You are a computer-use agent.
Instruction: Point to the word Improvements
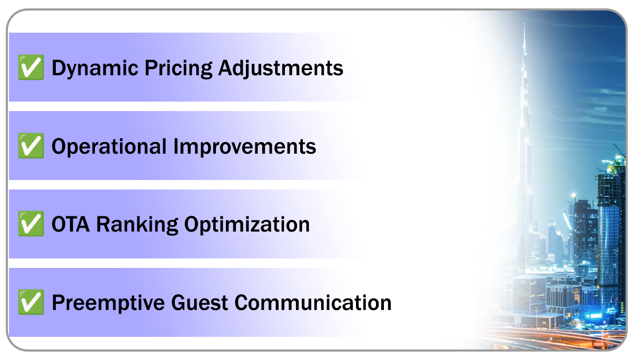[x=245, y=146]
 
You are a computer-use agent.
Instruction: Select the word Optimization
[x=246, y=225]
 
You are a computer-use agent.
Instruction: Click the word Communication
[x=313, y=303]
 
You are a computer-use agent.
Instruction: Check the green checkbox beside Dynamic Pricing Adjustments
[x=31, y=68]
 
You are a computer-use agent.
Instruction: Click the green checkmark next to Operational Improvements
[x=31, y=146]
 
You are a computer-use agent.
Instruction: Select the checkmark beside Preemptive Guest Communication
[x=31, y=303]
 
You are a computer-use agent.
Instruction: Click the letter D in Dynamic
[x=58, y=68]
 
